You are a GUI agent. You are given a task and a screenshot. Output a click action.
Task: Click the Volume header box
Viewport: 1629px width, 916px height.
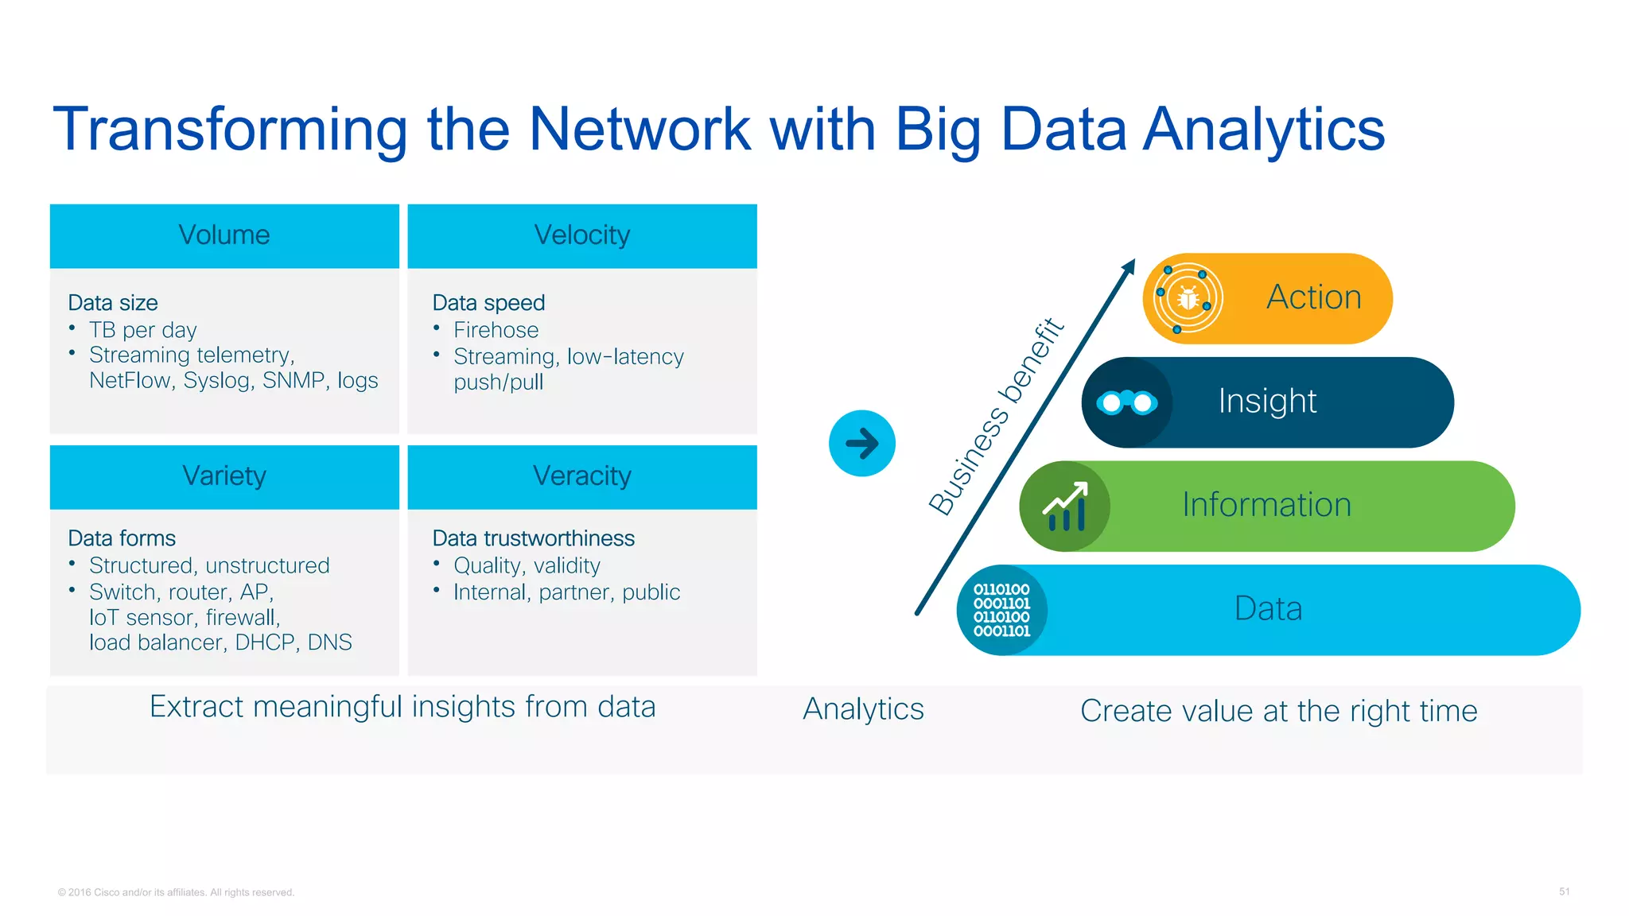coord(224,236)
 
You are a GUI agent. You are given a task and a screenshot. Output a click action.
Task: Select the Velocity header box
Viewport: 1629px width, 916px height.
coord(582,236)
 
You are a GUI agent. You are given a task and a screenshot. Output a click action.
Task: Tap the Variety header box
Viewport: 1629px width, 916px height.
coord(224,477)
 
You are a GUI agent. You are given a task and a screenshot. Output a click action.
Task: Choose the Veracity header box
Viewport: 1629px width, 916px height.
coord(582,477)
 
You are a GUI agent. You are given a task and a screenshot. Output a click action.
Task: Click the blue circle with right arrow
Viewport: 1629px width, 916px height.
coord(862,444)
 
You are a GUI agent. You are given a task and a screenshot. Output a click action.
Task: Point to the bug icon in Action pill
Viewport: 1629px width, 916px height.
coord(1188,299)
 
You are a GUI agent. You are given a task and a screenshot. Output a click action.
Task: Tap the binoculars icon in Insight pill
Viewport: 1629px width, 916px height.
coord(1127,403)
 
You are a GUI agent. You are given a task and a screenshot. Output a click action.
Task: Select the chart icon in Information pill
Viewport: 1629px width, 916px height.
coord(1065,507)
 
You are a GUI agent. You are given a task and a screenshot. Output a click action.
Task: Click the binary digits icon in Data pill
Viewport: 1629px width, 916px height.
coord(1002,611)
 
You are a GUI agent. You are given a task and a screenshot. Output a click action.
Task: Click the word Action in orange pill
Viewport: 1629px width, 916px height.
coord(1314,297)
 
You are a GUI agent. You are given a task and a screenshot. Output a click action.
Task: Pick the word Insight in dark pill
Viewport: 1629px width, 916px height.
coord(1267,402)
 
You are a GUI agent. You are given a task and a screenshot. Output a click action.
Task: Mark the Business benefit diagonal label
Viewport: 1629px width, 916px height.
coord(997,416)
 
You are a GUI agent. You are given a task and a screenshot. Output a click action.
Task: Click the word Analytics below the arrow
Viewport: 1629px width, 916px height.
coord(863,709)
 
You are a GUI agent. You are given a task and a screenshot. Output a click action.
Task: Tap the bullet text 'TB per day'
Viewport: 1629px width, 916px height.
coord(143,330)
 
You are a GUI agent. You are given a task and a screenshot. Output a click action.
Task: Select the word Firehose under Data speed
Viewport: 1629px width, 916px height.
coord(496,330)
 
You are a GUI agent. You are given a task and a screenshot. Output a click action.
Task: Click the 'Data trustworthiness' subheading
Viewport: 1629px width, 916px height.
coord(533,538)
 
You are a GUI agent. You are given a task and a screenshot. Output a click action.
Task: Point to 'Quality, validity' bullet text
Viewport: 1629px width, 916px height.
coord(527,565)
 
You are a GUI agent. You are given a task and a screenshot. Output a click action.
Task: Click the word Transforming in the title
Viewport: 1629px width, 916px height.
coord(230,130)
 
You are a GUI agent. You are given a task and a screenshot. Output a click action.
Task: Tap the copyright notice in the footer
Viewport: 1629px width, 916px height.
coord(176,892)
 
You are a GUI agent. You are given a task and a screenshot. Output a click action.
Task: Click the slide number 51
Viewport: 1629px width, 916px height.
coord(1564,891)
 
